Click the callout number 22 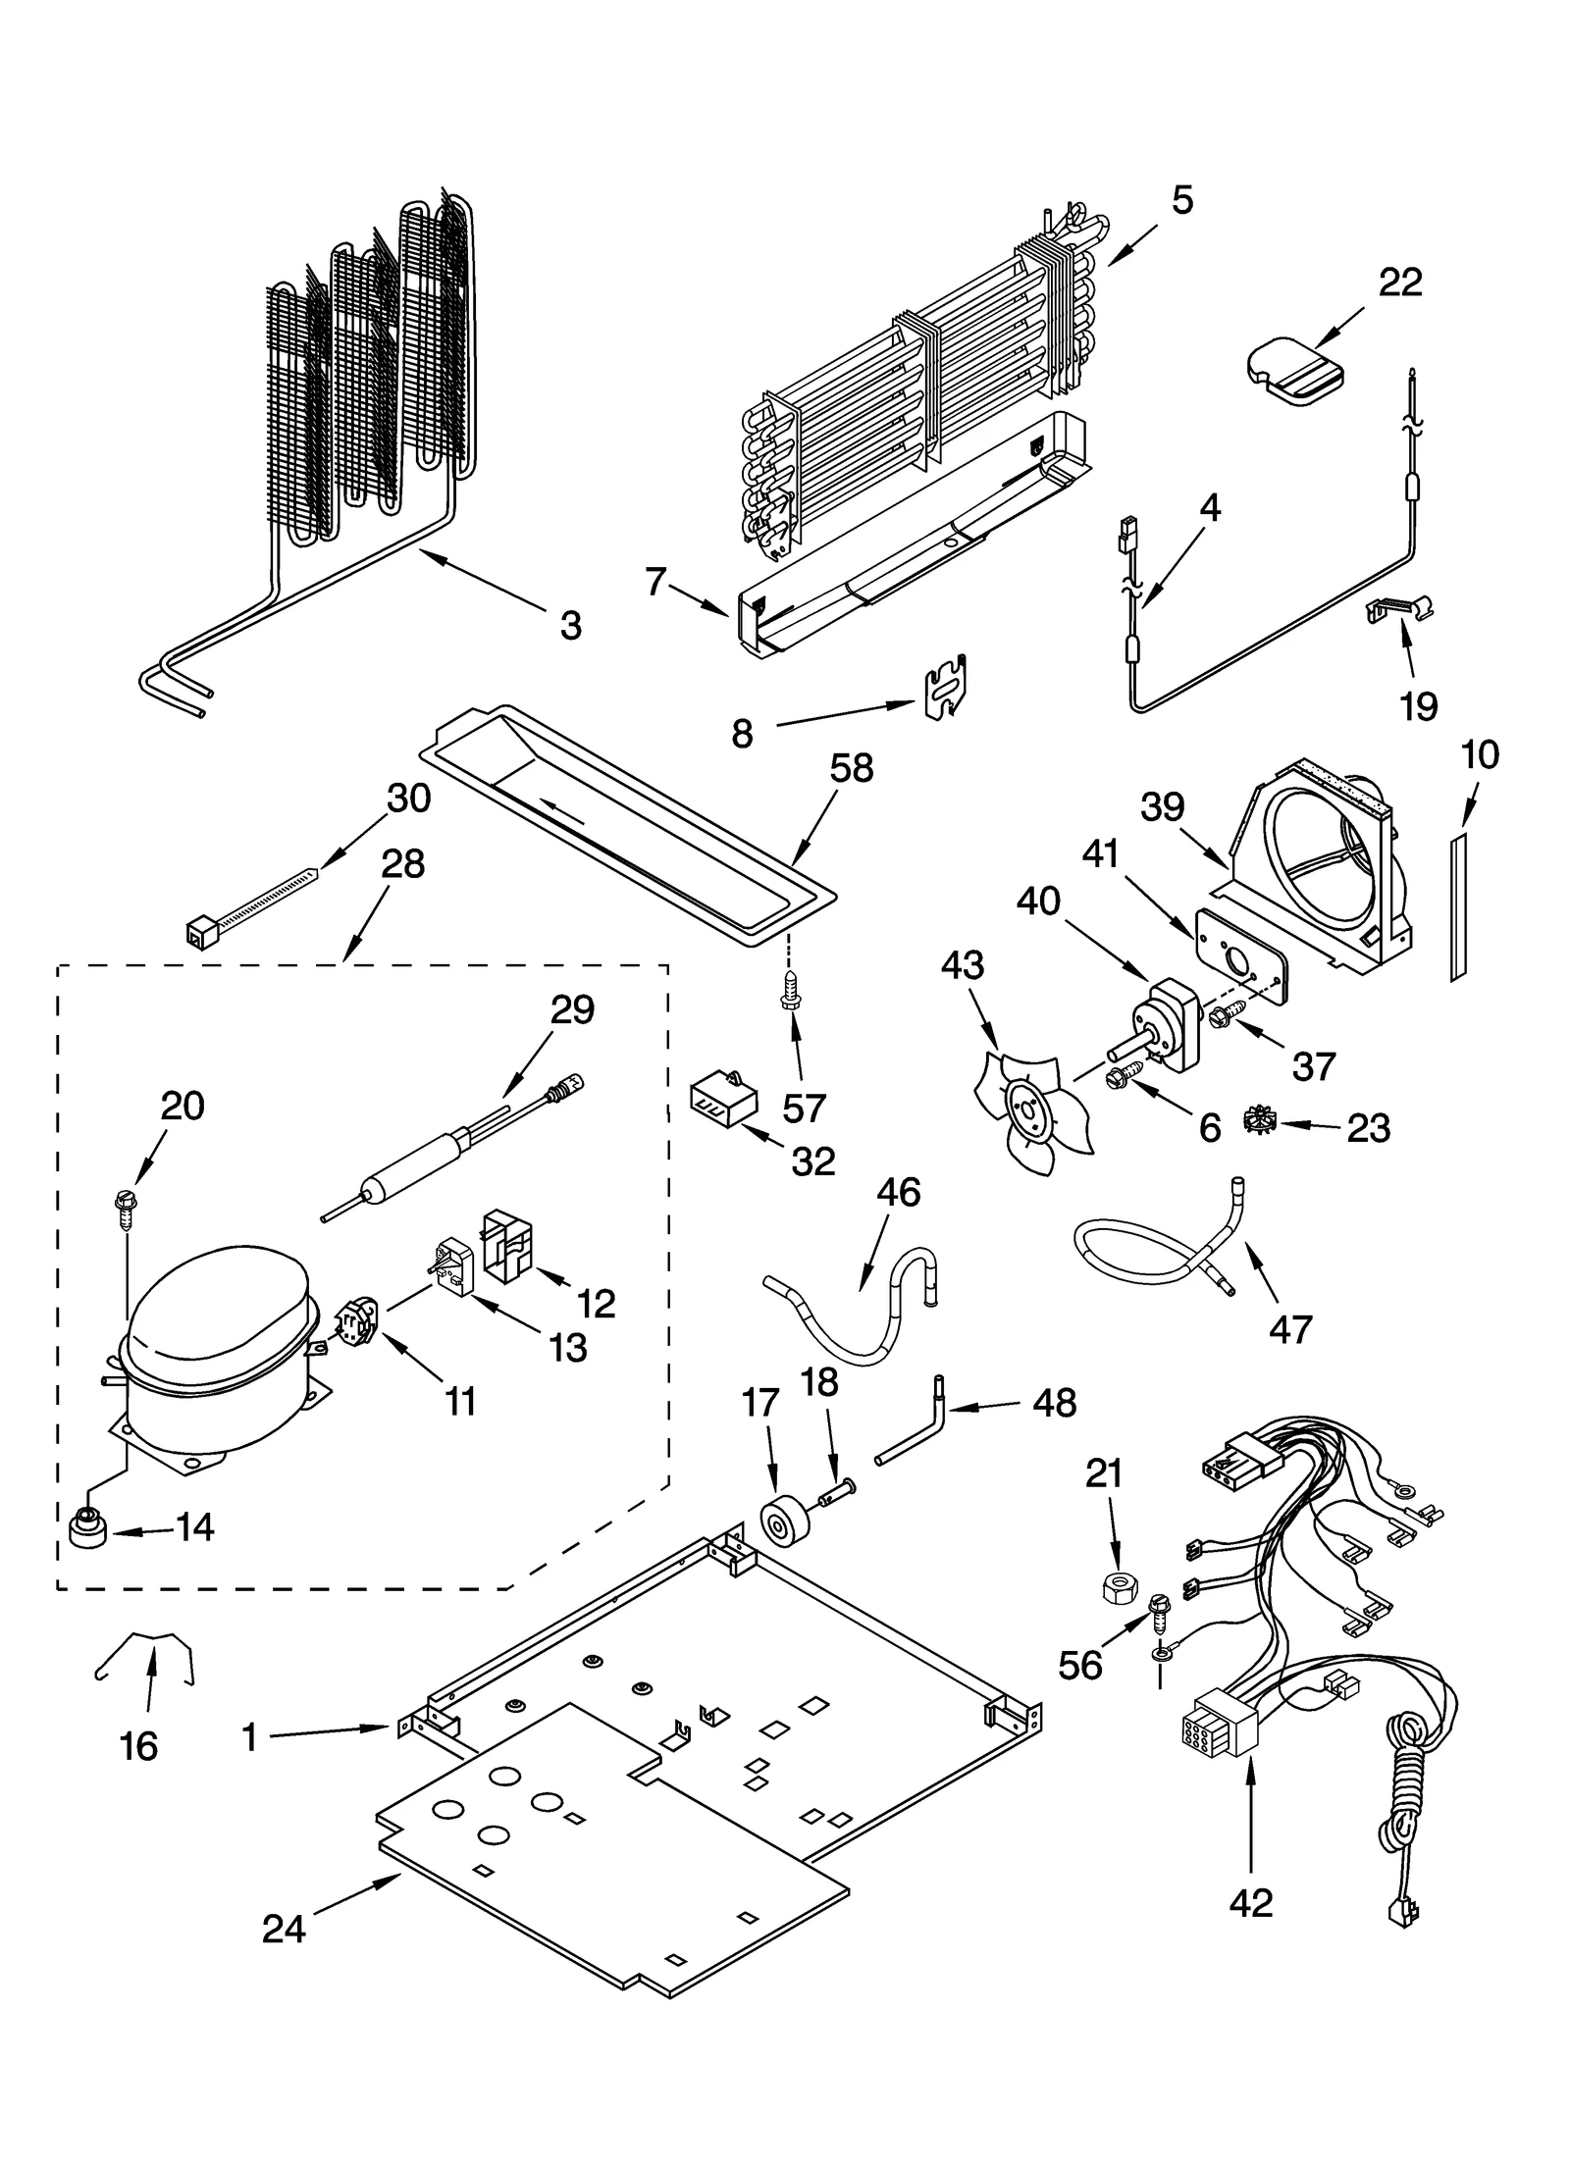click(1399, 283)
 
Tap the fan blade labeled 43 click(1030, 1113)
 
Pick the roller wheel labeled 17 click(786, 1526)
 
